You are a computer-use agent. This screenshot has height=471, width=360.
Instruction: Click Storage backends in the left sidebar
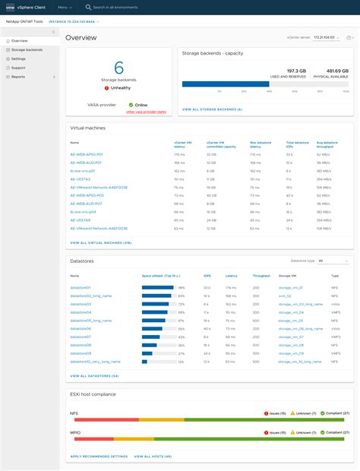pyautogui.click(x=27, y=49)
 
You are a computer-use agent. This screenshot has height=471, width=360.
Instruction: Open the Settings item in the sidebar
pyautogui.click(x=19, y=58)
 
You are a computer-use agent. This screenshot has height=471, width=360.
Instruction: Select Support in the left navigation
pyautogui.click(x=19, y=68)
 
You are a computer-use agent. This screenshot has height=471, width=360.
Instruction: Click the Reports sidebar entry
pyautogui.click(x=18, y=77)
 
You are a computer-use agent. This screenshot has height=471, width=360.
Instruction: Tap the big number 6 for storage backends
pyautogui.click(x=118, y=68)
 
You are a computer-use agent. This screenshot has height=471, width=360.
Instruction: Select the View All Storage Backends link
pyautogui.click(x=212, y=109)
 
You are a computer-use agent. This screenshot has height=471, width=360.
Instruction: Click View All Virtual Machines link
pyautogui.click(x=101, y=242)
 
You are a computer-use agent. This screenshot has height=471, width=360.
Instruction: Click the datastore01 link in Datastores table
pyautogui.click(x=81, y=288)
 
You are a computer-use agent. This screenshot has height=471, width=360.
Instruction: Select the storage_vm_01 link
pyautogui.click(x=290, y=288)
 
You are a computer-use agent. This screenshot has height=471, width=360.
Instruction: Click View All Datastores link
pyautogui.click(x=94, y=375)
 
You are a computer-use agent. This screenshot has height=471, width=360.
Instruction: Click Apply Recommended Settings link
pyautogui.click(x=99, y=457)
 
